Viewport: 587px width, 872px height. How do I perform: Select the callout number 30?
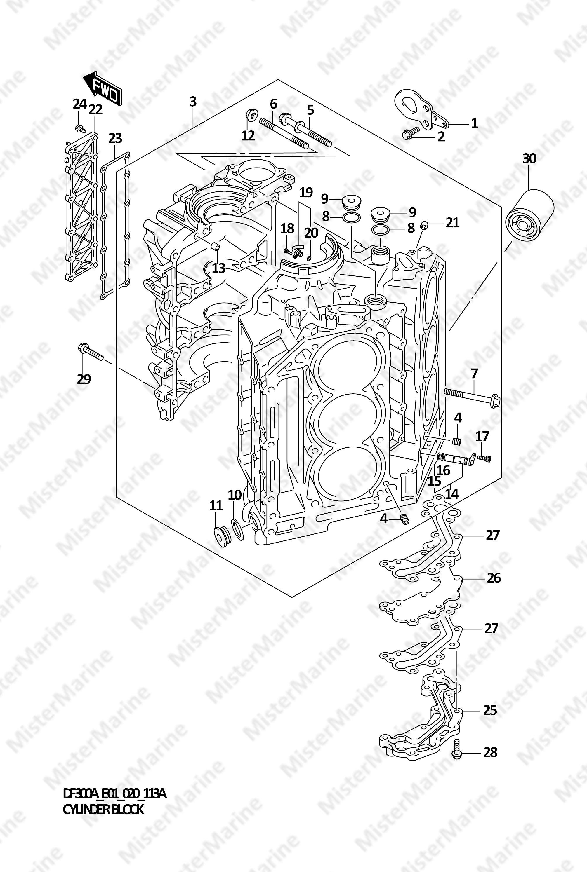click(x=529, y=159)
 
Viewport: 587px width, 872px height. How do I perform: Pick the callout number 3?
click(x=193, y=101)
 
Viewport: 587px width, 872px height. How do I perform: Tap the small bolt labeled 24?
click(x=79, y=128)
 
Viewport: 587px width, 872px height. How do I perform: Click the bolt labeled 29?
click(x=90, y=352)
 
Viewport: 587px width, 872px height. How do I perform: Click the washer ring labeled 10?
click(x=237, y=527)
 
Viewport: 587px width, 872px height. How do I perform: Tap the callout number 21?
click(x=452, y=223)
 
